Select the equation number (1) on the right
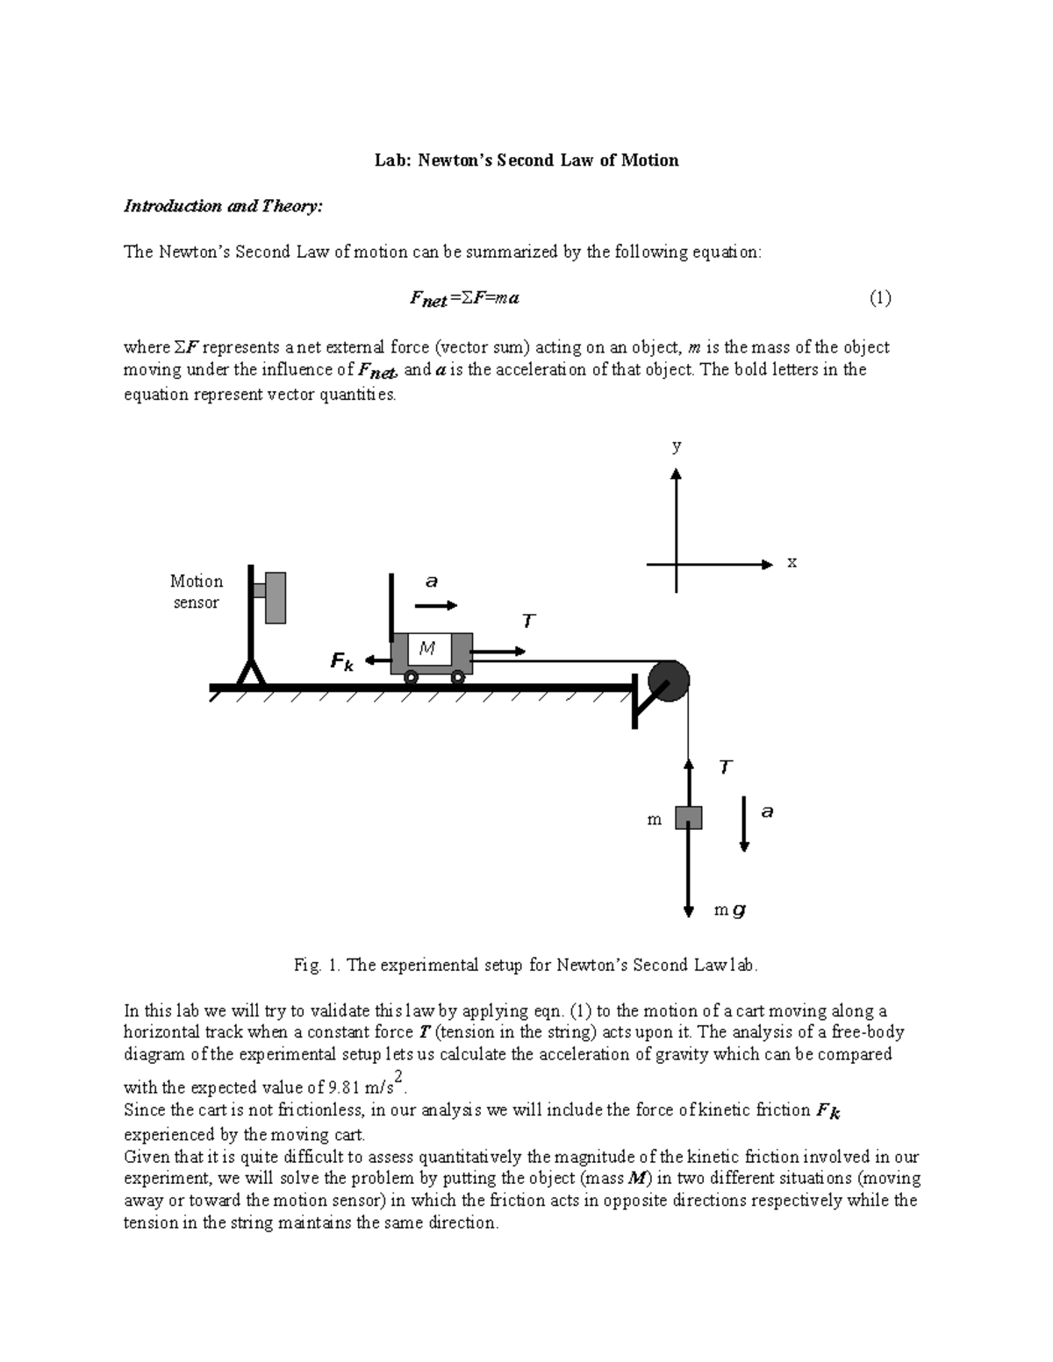[880, 298]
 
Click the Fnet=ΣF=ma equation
[464, 299]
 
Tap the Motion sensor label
[196, 592]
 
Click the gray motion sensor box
[275, 597]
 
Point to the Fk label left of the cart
[341, 662]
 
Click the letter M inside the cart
[427, 649]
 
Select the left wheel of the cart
[410, 676]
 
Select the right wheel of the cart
[457, 676]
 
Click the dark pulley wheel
[669, 681]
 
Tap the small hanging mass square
[688, 817]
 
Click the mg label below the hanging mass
[729, 910]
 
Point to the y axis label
[677, 446]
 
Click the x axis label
[792, 562]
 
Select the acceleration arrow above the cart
[436, 605]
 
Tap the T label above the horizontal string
[528, 622]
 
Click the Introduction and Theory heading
[223, 206]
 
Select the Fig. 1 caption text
[525, 966]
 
